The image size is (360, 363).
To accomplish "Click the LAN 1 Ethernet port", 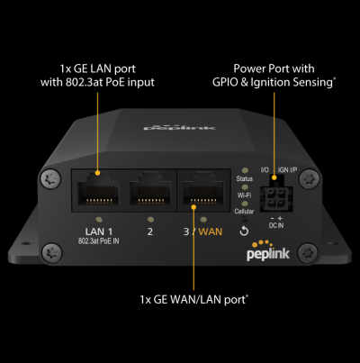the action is coord(98,190).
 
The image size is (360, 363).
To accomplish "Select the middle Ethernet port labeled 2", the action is coord(150,190).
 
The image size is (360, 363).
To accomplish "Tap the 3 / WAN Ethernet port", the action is coord(203,190).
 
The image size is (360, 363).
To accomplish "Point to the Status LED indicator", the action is coord(245,171).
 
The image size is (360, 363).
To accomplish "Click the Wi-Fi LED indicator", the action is coord(245,187).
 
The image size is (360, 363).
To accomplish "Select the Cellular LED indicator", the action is coord(245,204).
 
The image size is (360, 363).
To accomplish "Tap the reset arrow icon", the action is coord(244,231).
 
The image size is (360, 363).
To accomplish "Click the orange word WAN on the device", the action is coord(211,231).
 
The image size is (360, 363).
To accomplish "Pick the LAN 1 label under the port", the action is coord(99,231).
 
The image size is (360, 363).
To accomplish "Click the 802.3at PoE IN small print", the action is coord(99,241).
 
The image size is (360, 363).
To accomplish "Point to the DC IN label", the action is coord(276,225).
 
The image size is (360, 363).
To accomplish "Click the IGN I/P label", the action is coord(287,170).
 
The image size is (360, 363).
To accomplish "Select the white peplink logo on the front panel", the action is coord(268,251).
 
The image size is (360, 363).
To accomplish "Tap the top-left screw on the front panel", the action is coord(50,179).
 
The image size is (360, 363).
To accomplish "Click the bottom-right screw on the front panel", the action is coord(309,253).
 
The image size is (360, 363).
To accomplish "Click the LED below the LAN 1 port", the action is coord(98,220).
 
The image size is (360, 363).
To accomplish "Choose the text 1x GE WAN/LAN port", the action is coord(193,299).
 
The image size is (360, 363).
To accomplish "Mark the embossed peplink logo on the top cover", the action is coord(179,128).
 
